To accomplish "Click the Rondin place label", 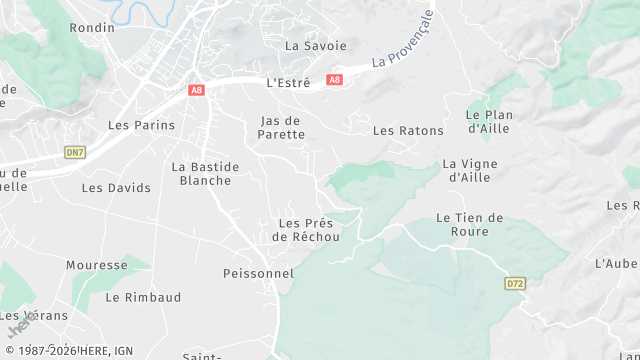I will pyautogui.click(x=93, y=28).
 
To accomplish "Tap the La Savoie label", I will pyautogui.click(x=316, y=46).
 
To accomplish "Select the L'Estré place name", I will pyautogui.click(x=289, y=83).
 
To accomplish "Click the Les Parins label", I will pyautogui.click(x=141, y=126).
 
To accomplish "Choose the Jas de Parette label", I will pyautogui.click(x=281, y=127).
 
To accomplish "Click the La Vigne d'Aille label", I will pyautogui.click(x=469, y=170).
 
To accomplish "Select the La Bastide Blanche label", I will pyautogui.click(x=205, y=174).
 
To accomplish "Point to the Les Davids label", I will pyautogui.click(x=116, y=188).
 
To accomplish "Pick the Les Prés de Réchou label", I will pyautogui.click(x=306, y=230).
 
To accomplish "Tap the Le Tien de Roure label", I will pyautogui.click(x=470, y=224).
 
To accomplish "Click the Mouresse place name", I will pyautogui.click(x=97, y=266).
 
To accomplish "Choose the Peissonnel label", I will pyautogui.click(x=258, y=273).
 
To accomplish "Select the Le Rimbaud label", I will pyautogui.click(x=143, y=297).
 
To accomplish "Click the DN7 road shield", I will pyautogui.click(x=75, y=152).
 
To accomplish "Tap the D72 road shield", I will pyautogui.click(x=515, y=284).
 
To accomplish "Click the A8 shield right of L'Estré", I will pyautogui.click(x=334, y=80).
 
